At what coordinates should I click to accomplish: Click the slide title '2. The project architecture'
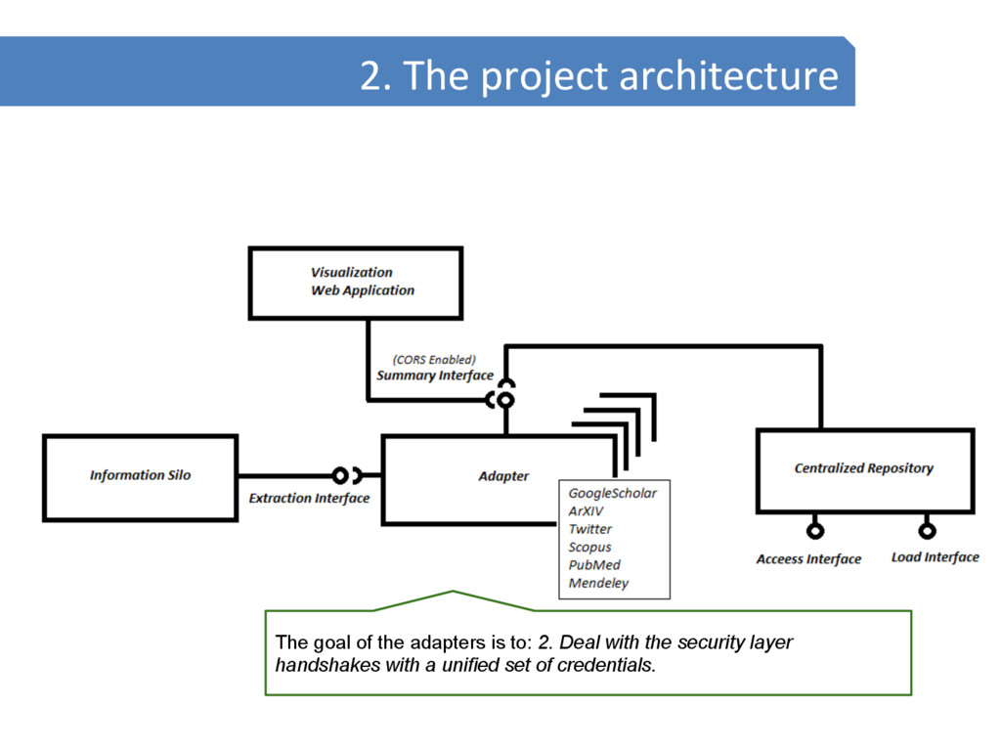click(x=598, y=75)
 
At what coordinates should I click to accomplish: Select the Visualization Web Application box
click(x=356, y=283)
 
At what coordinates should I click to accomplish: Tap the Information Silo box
click(x=140, y=476)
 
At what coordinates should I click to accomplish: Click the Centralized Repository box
click(x=864, y=469)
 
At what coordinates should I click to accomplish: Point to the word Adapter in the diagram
click(x=503, y=476)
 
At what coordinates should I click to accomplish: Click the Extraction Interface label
click(x=309, y=499)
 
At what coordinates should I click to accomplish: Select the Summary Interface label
click(x=435, y=375)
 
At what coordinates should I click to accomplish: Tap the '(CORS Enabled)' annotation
click(x=434, y=359)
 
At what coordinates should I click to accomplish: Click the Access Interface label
click(x=808, y=559)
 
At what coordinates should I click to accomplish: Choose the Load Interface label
click(x=935, y=557)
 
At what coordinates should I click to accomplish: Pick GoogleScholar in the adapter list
click(x=613, y=494)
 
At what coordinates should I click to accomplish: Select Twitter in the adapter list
click(x=590, y=529)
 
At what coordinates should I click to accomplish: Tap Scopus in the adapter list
click(x=590, y=548)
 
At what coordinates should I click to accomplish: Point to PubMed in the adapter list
click(x=594, y=565)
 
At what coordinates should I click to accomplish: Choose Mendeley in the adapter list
click(x=599, y=584)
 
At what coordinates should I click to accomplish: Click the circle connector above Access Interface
click(x=814, y=531)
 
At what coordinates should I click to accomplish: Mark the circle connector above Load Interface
click(x=927, y=531)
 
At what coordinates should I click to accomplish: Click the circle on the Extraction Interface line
click(x=340, y=476)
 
